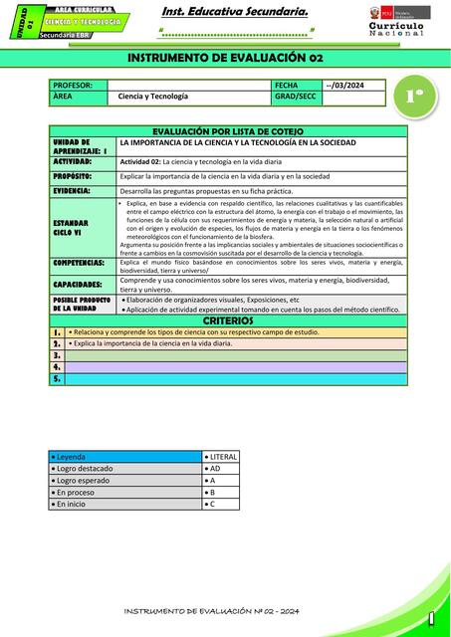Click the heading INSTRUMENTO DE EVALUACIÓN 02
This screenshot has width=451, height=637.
tap(226, 59)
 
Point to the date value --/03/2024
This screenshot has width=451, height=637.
tap(345, 86)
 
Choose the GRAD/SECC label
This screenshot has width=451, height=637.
tap(296, 97)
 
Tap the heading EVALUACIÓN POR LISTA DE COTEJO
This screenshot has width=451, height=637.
tap(226, 131)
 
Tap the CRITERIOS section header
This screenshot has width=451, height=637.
tap(228, 321)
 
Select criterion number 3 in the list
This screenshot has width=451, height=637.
tap(58, 355)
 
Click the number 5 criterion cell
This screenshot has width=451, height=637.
tap(58, 379)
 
